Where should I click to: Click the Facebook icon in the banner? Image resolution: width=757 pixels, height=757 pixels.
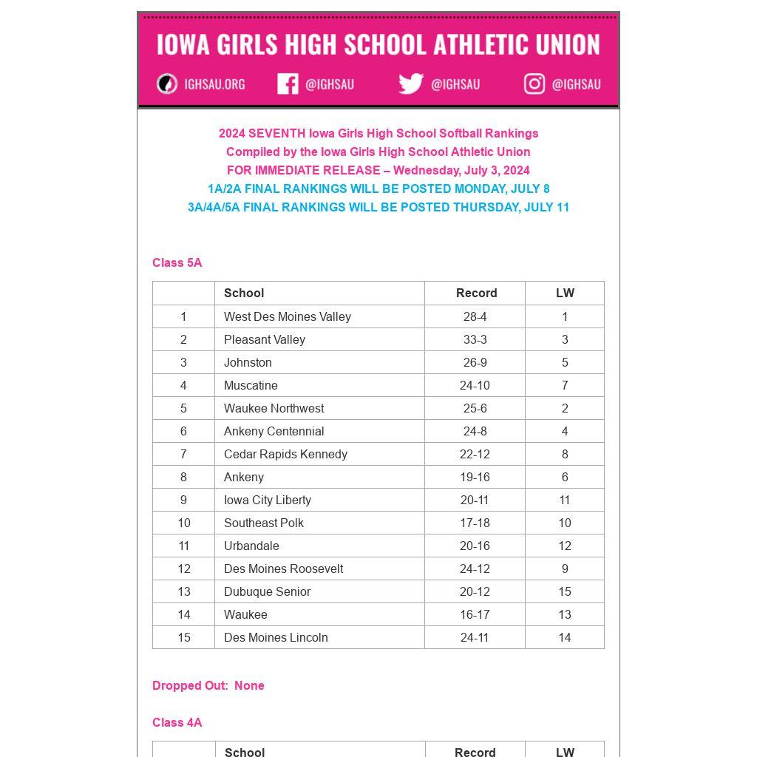click(288, 84)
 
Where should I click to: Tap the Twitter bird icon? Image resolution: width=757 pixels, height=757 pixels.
click(411, 84)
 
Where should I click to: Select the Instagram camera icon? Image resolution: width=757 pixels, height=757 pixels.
click(534, 84)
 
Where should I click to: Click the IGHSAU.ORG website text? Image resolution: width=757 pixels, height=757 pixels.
click(214, 84)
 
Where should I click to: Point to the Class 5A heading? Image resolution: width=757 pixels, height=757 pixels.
click(177, 262)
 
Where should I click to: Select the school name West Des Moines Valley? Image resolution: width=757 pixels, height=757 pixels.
click(287, 316)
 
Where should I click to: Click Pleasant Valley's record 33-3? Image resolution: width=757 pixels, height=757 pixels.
click(475, 339)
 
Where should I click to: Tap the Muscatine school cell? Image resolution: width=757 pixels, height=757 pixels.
click(251, 385)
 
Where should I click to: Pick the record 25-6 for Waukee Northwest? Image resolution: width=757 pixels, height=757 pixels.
click(475, 408)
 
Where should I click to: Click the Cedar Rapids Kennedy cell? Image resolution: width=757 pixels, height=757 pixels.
click(285, 454)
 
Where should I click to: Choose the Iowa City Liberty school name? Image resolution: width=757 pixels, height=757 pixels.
click(267, 500)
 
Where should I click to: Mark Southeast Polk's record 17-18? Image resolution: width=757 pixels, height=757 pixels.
click(475, 523)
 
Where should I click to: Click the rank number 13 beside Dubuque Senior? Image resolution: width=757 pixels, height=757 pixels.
click(183, 591)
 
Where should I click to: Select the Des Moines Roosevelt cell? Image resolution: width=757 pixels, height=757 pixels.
click(283, 568)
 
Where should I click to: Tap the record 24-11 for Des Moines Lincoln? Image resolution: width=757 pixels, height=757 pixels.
click(475, 637)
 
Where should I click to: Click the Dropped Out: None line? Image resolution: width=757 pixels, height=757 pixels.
click(208, 685)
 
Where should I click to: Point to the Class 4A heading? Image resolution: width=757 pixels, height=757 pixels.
click(177, 722)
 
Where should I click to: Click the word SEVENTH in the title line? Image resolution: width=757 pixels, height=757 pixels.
click(276, 133)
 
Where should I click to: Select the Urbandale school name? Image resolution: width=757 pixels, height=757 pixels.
click(251, 546)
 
